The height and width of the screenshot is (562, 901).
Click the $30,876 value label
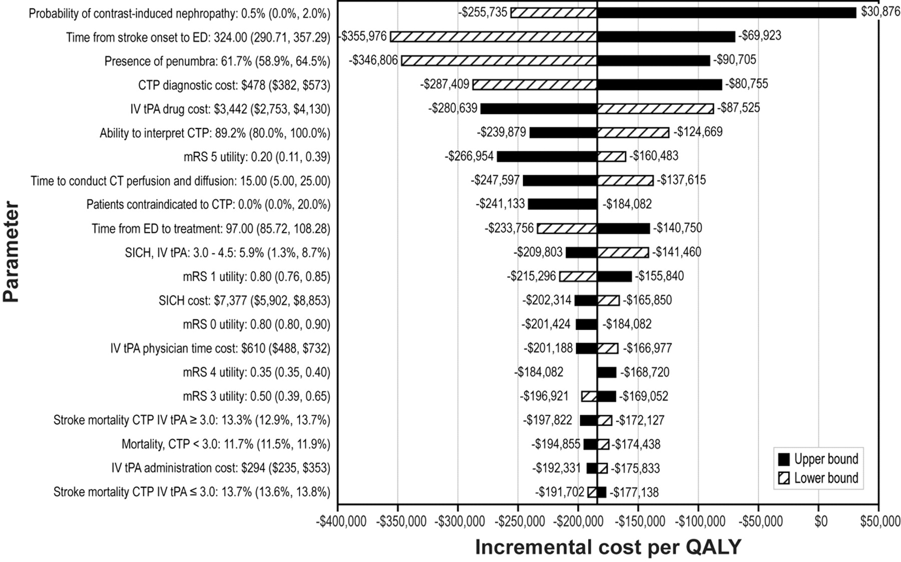880,12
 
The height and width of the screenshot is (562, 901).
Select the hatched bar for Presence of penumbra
499,61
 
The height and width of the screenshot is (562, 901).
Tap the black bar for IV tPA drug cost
539,108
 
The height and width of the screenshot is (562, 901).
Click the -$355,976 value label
364,37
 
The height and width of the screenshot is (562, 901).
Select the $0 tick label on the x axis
820,522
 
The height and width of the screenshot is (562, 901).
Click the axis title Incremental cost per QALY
608,547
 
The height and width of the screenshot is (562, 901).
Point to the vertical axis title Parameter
11,251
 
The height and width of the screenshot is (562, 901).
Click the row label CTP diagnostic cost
234,85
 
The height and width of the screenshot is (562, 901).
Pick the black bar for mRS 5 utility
547,156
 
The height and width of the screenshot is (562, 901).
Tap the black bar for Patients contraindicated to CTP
562,204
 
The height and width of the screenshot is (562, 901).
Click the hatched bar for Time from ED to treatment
567,228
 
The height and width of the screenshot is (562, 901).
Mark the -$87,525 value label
738,108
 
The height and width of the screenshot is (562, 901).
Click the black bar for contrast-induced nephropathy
726,13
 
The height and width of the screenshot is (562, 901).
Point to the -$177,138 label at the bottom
634,492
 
